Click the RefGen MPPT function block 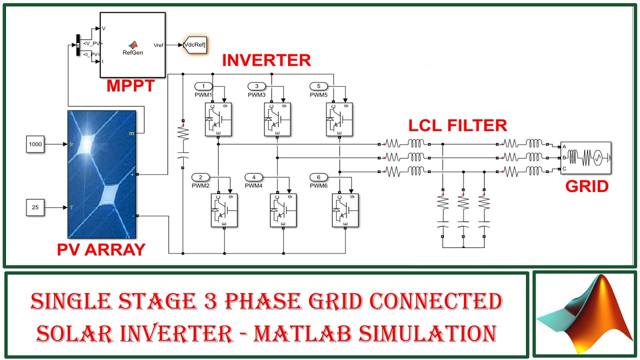pos(132,44)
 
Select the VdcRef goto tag pos(194,44)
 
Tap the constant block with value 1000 pos(35,144)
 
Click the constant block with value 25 pos(35,207)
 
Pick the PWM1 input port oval pos(203,86)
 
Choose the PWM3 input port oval pos(257,86)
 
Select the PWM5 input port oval pos(318,86)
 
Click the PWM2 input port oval pos(200,177)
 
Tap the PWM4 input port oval pos(253,177)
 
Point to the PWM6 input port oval pos(318,177)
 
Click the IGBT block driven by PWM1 pos(218,119)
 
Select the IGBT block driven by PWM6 pos(345,210)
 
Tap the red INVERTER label pos(266,60)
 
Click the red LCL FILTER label pos(457,125)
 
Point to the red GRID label pos(586,186)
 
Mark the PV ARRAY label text pos(101,249)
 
